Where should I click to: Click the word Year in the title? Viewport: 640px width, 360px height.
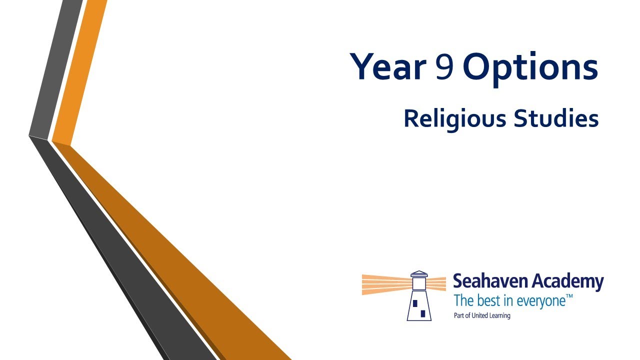pyautogui.click(x=388, y=66)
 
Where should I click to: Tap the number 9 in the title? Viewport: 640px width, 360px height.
pyautogui.click(x=444, y=66)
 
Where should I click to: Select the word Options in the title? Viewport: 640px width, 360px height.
pyautogui.click(x=531, y=69)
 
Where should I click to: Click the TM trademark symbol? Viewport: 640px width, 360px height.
pyautogui.click(x=569, y=296)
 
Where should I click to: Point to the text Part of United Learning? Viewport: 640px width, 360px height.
pyautogui.click(x=482, y=315)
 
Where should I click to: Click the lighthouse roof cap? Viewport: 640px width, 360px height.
pyautogui.click(x=419, y=274)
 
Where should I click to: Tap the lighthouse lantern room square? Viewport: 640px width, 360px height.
pyautogui.click(x=419, y=283)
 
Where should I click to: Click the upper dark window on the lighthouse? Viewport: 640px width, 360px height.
pyautogui.click(x=415, y=303)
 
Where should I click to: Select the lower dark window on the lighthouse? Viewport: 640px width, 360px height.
pyautogui.click(x=423, y=313)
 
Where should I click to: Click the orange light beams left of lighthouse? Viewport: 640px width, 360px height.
pyautogui.click(x=387, y=284)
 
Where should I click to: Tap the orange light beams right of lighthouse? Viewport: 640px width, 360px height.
pyautogui.click(x=436, y=283)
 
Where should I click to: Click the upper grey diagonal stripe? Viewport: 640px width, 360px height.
pyautogui.click(x=56, y=68)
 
